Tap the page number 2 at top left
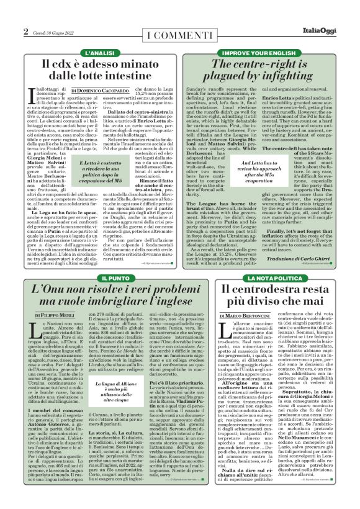[26, 32]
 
